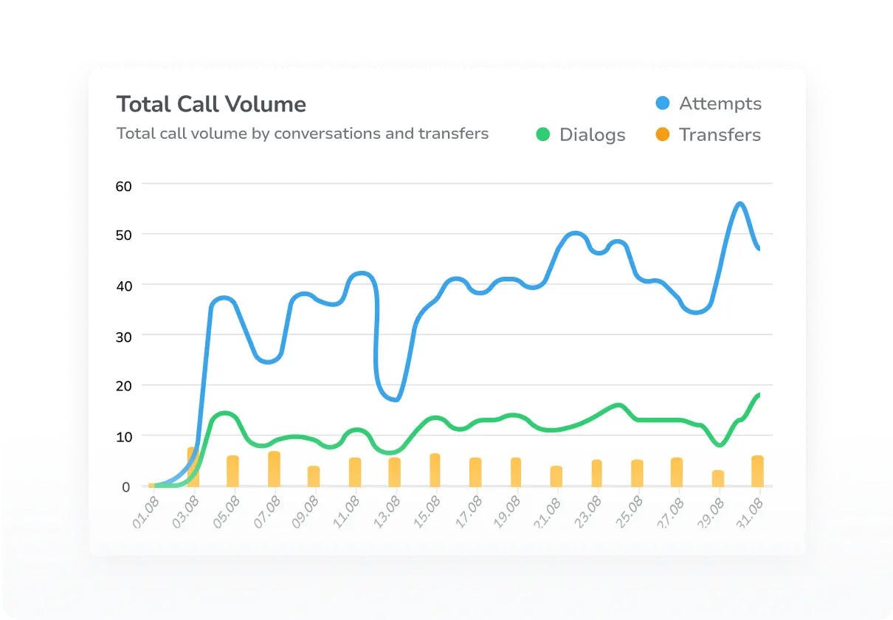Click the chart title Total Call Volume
tap(211, 104)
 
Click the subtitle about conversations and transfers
tap(303, 134)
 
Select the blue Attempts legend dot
tap(663, 103)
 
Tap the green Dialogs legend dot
tap(543, 134)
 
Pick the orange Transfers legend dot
tap(663, 134)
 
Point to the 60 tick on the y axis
tap(123, 185)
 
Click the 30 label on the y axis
tap(123, 336)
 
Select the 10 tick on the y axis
tap(123, 436)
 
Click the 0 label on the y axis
tap(126, 487)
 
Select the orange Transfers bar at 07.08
tap(274, 469)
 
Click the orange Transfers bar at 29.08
tap(718, 478)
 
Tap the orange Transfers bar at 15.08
tap(435, 470)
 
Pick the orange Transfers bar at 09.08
tap(314, 476)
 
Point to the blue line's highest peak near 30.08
tap(739, 204)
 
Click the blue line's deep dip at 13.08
tap(396, 399)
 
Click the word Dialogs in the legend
tap(592, 135)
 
